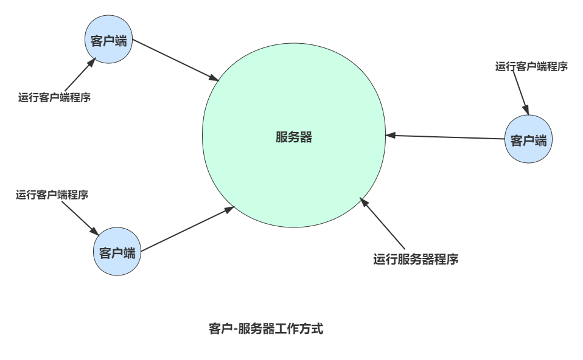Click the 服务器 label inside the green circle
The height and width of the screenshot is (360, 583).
[293, 137]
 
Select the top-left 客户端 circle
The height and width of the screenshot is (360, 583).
[108, 41]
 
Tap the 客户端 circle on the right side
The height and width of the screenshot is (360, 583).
[528, 140]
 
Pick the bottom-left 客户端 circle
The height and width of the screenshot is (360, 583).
[117, 252]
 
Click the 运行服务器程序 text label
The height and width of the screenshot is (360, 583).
[415, 260]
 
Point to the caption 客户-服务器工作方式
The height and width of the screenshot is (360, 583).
[265, 330]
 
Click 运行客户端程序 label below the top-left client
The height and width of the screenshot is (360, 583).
[55, 97]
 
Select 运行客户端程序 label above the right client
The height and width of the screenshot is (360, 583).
[531, 67]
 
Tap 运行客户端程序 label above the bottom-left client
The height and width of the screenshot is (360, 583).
[52, 195]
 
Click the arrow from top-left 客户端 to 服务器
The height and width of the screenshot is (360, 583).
[175, 60]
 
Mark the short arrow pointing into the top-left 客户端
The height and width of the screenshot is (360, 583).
[79, 74]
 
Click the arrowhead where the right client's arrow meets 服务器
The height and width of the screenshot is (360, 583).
[389, 135]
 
